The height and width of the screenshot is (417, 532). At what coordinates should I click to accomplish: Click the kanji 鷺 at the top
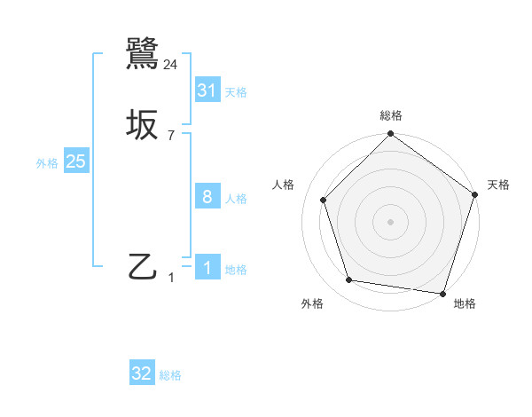pos(143,52)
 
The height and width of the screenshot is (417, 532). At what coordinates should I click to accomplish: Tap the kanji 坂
pos(143,125)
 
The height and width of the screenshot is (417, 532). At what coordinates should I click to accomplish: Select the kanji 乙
pos(143,266)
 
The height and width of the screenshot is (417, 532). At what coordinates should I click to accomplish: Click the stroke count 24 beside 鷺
pos(171,64)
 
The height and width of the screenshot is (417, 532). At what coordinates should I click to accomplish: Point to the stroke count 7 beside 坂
pos(171,136)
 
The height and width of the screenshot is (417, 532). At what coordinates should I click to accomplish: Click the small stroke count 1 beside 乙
pos(172,278)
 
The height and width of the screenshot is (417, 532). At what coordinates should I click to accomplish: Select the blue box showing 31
pos(207,90)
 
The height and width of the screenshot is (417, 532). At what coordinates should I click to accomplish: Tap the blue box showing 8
pos(207,196)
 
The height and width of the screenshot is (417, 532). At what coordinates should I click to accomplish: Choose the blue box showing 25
pos(75,161)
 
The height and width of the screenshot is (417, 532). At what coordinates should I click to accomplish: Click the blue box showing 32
pos(142,374)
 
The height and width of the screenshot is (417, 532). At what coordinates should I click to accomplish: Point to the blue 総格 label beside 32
pos(170,376)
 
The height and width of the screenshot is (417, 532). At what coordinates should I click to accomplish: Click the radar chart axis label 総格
pos(391,115)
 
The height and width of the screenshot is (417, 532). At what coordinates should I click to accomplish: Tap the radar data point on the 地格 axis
pos(442,293)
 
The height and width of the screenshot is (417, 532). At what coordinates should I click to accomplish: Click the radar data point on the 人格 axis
pos(324,200)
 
